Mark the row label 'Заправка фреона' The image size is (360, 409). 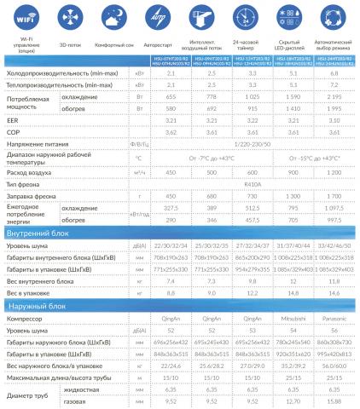(x=34, y=195)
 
